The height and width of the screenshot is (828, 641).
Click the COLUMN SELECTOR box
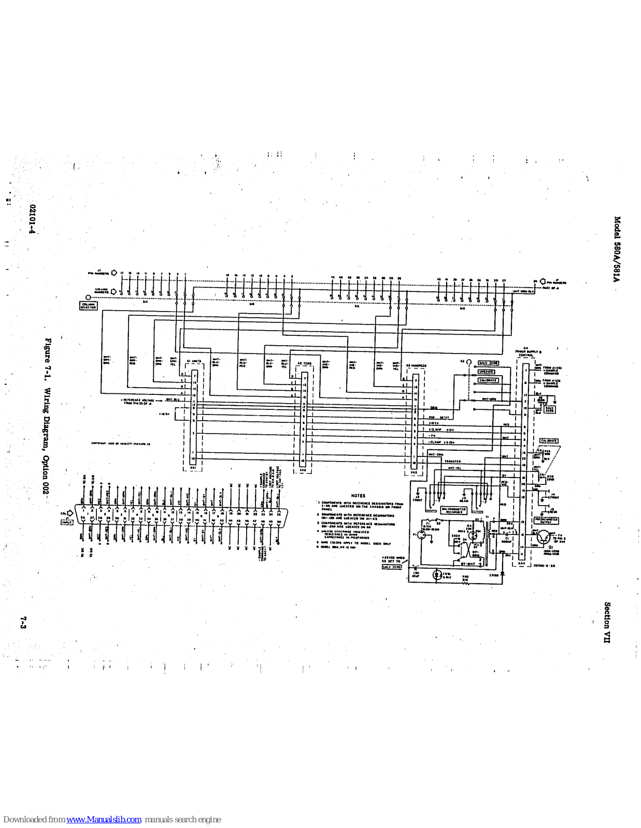(x=88, y=306)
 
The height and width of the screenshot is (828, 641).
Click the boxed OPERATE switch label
(x=486, y=372)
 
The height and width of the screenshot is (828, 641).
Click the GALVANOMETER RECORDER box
(x=453, y=510)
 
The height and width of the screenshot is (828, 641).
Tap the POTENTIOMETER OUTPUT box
(x=546, y=521)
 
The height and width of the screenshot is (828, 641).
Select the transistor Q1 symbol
(x=543, y=537)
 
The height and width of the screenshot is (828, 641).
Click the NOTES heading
(x=358, y=496)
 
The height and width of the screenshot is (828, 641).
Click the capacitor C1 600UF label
(x=506, y=539)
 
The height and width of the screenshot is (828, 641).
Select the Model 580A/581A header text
(x=616, y=249)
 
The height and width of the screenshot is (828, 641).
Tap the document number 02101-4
(x=33, y=220)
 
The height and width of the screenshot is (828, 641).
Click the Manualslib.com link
(x=104, y=820)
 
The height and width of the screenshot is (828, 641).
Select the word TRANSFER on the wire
(x=452, y=461)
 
